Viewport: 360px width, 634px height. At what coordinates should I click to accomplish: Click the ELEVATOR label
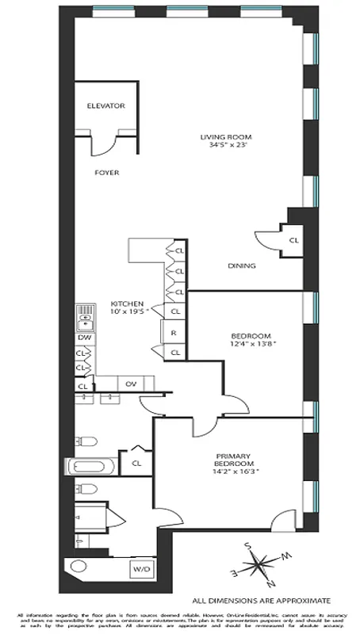tap(106, 105)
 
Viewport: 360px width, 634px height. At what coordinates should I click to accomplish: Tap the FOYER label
tap(106, 172)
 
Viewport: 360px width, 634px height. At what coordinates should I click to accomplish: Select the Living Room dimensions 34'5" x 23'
tap(224, 146)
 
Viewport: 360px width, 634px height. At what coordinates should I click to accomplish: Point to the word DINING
tap(241, 265)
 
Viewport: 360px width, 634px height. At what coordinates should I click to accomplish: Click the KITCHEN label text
tap(126, 304)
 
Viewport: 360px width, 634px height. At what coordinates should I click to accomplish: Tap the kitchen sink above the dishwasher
tap(85, 319)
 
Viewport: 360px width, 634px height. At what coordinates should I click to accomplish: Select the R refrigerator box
tap(173, 333)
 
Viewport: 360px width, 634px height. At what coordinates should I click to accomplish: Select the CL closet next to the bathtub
tap(136, 463)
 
